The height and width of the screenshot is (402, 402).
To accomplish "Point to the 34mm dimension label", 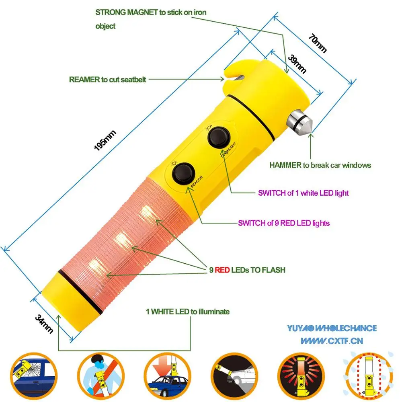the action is pos(44,324).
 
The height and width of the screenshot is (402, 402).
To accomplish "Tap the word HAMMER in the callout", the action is pos(286,165).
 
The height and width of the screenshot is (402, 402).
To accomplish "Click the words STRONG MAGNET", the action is pos(126,12).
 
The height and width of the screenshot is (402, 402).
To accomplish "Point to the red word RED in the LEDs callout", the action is pos(222,270).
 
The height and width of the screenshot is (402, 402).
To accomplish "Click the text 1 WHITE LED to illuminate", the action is pos(187,312).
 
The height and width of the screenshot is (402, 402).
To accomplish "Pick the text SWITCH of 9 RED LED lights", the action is pos(284,223).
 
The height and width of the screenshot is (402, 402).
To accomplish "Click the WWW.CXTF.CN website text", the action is pos(332,341).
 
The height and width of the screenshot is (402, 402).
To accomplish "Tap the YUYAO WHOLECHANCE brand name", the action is pos(332,328).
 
